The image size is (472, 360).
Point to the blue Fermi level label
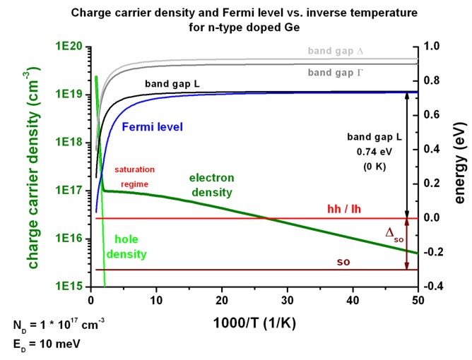[153, 127]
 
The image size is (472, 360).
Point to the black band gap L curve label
[174, 84]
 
